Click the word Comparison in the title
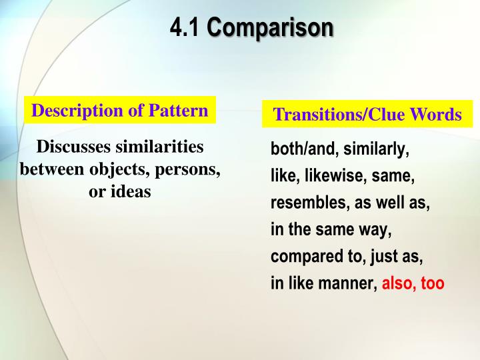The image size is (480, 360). click(x=269, y=28)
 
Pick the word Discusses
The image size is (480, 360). click(x=75, y=146)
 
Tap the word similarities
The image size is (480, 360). click(x=160, y=146)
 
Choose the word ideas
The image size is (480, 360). click(x=133, y=192)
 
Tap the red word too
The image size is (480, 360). click(x=433, y=283)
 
